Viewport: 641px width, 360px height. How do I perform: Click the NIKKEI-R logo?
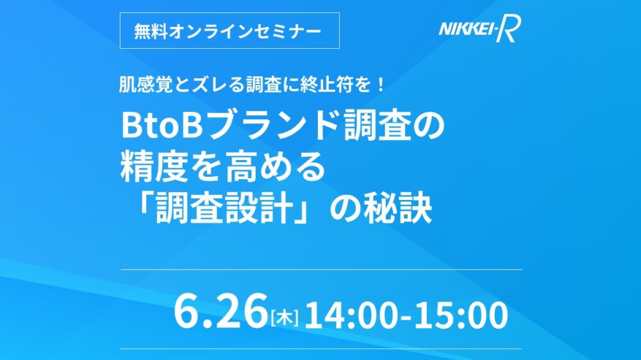click(480, 29)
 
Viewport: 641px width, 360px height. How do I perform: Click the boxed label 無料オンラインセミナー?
click(229, 31)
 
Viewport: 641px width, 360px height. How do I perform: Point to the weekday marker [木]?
click(285, 317)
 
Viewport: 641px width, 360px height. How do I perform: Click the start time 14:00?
click(351, 315)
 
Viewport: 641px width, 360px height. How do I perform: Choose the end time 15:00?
click(461, 315)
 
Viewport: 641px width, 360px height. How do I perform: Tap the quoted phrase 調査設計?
click(225, 209)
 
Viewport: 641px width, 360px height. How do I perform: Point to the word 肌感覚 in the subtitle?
click(146, 85)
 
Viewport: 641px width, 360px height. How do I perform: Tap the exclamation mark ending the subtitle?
click(380, 85)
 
